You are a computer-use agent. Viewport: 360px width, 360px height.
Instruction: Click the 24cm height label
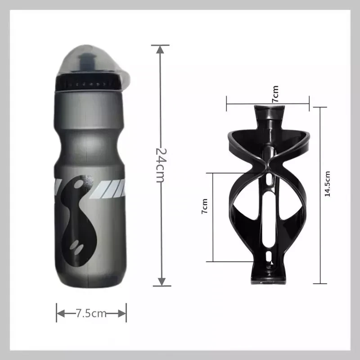tap(160, 165)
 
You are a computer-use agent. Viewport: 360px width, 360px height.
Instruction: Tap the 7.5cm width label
tap(91, 313)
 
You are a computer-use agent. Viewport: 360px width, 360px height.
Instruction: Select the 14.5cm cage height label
tap(328, 184)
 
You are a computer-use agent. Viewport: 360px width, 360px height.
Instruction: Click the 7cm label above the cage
tap(275, 94)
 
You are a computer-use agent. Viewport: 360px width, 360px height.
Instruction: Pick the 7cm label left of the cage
tap(205, 206)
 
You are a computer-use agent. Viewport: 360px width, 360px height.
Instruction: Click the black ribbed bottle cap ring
tap(88, 82)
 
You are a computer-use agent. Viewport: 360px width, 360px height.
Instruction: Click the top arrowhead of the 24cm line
tap(160, 49)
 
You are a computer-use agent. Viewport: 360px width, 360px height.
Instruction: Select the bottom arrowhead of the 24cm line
tap(162, 282)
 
